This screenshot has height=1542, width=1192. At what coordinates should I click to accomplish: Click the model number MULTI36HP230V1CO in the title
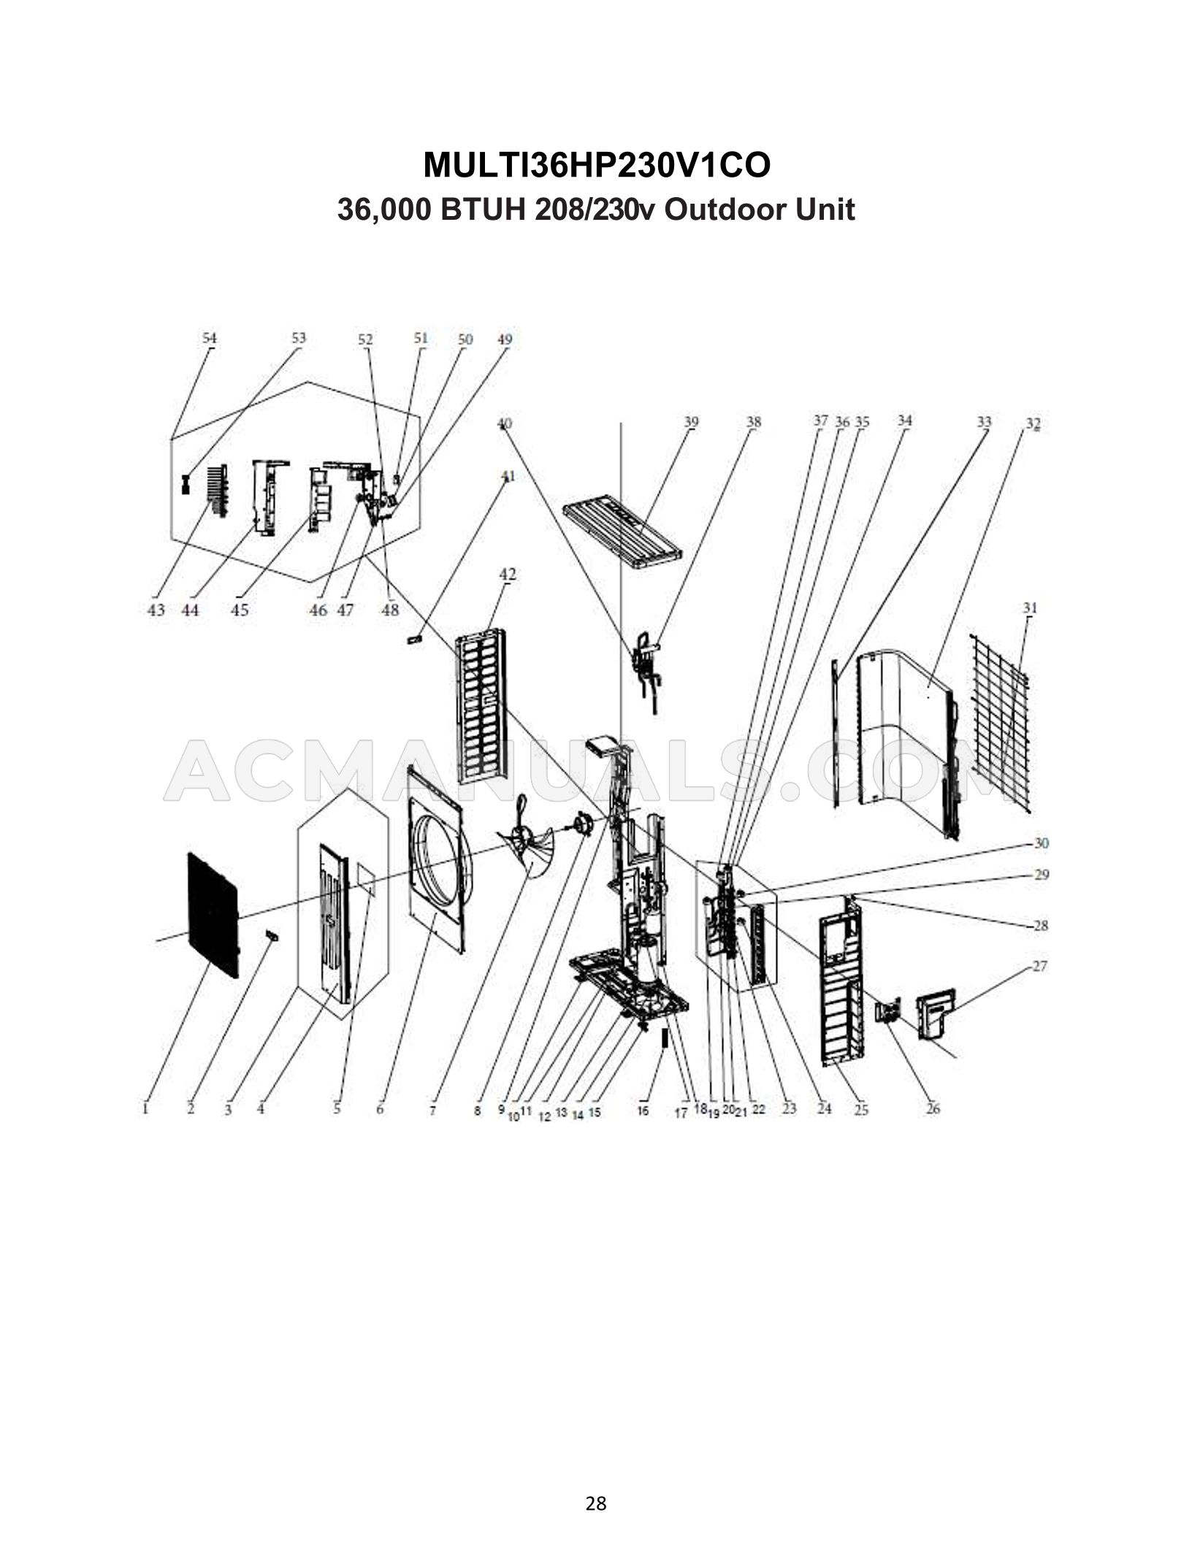pos(596,166)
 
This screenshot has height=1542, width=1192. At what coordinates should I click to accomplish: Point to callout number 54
pos(210,339)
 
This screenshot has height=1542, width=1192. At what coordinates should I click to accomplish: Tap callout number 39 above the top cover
pos(691,422)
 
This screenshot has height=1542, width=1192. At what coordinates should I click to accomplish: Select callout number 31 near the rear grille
pos(1030,608)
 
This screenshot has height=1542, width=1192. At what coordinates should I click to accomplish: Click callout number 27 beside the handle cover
pos(1039,966)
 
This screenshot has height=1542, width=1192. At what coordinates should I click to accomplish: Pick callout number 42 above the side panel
pos(508,575)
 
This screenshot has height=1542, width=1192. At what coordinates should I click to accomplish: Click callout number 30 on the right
pos(1042,843)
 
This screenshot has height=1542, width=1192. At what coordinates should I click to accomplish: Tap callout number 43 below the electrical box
pos(156,610)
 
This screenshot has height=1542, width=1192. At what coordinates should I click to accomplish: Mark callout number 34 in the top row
pos(904,421)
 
